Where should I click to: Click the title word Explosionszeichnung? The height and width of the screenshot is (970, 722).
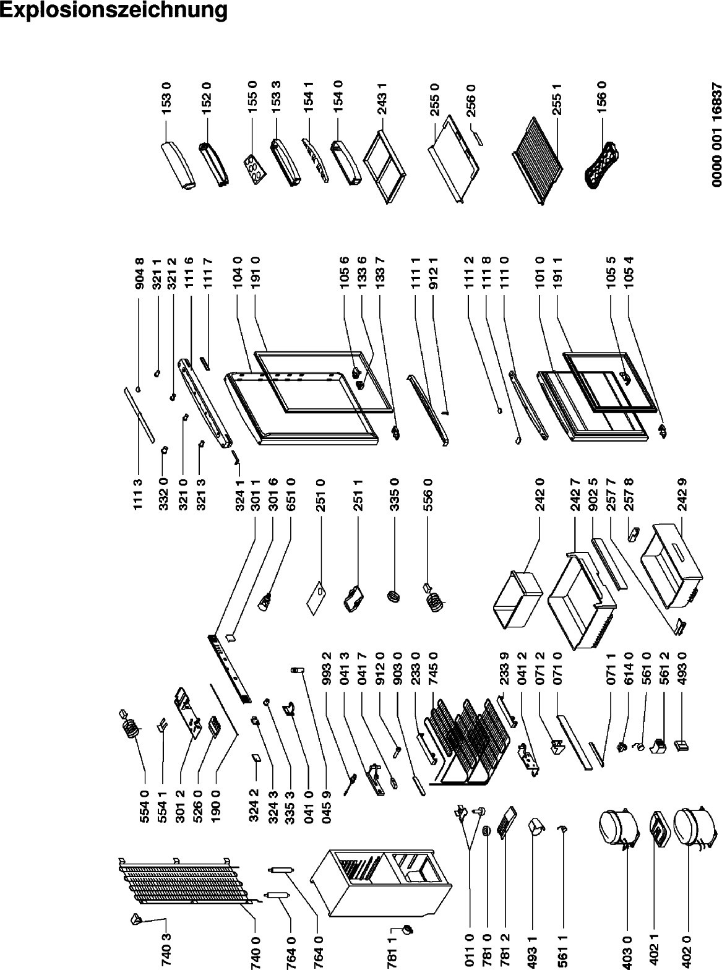pos(114,10)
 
